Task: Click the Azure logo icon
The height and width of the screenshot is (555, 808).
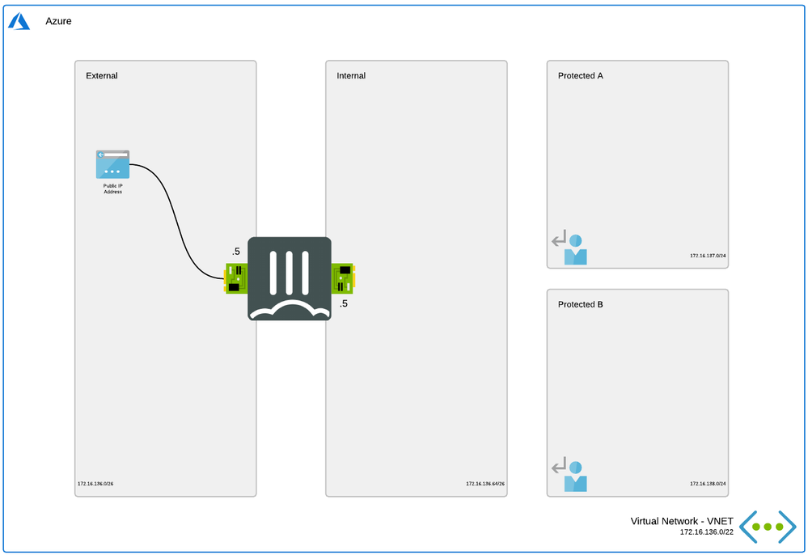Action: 19,21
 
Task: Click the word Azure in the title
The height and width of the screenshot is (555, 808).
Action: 58,21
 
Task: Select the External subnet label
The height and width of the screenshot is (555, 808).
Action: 102,76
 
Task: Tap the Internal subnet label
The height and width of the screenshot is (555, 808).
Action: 351,76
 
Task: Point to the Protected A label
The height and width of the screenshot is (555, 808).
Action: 581,76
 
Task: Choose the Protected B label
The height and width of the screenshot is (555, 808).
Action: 580,305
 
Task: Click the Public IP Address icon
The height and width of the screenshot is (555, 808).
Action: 112,164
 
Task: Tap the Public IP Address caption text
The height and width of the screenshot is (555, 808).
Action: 112,189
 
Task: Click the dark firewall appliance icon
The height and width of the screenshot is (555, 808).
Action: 290,278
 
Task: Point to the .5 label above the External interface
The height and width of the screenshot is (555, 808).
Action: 235,251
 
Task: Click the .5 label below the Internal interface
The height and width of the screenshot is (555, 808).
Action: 344,304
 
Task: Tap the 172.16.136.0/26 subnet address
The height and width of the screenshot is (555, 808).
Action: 95,484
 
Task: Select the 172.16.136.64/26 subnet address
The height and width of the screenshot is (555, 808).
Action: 485,484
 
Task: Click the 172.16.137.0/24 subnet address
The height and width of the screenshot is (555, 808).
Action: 708,255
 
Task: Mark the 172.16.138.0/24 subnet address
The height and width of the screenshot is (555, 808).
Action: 708,484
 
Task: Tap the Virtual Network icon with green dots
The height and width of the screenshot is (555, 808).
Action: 768,527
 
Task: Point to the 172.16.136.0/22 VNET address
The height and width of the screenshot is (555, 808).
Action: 707,532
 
